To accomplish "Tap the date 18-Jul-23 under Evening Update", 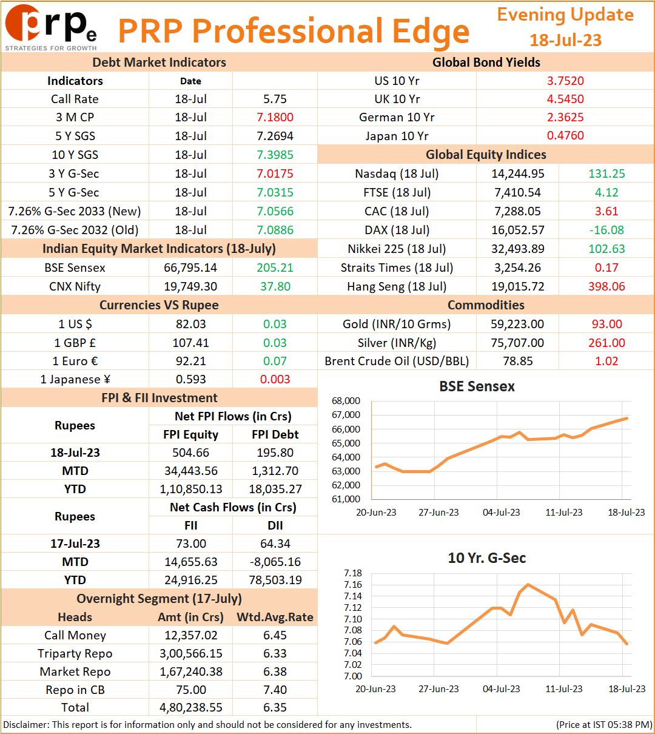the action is pos(565,40).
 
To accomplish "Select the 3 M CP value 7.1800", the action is pos(275,117).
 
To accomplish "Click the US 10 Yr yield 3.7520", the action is pos(565,81).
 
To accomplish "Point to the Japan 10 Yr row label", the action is pos(397,135).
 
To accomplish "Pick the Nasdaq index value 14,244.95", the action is pos(518,173).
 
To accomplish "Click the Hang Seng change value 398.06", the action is pos(606,286).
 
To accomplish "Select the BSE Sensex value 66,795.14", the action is pos(190,268).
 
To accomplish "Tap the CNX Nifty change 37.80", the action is pos(275,286).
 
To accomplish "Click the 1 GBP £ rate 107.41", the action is pos(190,342).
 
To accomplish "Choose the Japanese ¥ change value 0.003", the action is pos(275,379).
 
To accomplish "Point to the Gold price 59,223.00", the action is pos(518,323).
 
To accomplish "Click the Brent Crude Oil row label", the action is pos(397,361).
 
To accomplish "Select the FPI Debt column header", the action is pos(275,434).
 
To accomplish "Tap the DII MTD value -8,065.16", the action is pos(275,562).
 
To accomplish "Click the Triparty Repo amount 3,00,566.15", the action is pos(190,653).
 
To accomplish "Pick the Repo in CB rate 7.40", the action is pos(275,690).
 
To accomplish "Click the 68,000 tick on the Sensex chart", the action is pos(346,401).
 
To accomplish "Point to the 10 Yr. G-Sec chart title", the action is pos(486,558).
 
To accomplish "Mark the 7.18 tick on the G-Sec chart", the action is pos(352,573).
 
